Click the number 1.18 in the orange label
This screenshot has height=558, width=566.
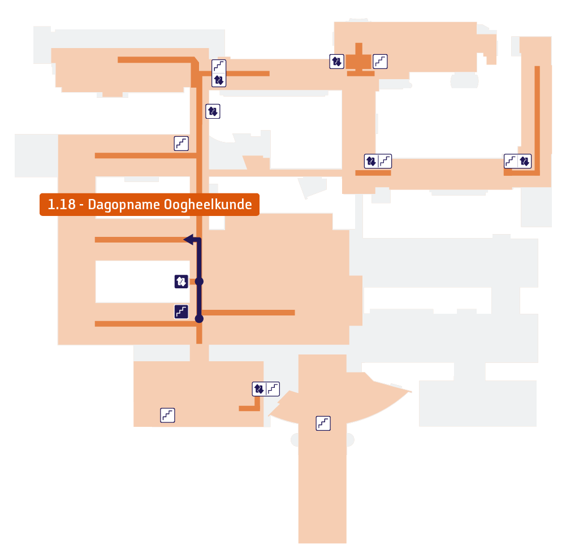point(62,204)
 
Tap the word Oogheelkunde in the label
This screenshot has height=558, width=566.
point(208,204)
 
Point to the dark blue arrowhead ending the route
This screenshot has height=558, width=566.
point(189,239)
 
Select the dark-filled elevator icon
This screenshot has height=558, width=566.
point(181,281)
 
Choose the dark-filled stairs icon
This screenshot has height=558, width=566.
point(181,312)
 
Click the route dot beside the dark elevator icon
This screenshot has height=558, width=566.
point(199,281)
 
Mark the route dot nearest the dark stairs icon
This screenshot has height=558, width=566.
point(199,319)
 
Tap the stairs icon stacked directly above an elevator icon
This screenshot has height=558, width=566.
point(219,66)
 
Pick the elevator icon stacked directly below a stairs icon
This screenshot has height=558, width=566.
point(219,80)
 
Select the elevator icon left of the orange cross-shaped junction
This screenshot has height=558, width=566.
point(337,62)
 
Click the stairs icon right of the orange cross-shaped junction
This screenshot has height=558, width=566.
point(380,62)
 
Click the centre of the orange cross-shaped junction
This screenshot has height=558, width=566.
point(358,62)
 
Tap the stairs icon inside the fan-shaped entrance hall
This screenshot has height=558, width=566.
point(323,423)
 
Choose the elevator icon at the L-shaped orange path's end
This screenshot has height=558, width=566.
point(259,389)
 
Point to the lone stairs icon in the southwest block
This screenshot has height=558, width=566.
point(167,416)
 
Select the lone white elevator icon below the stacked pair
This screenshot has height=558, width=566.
point(213,111)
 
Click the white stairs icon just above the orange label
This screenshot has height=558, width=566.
point(181,143)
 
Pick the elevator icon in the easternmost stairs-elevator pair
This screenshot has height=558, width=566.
point(525,161)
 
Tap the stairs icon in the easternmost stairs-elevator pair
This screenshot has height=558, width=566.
point(511,161)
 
